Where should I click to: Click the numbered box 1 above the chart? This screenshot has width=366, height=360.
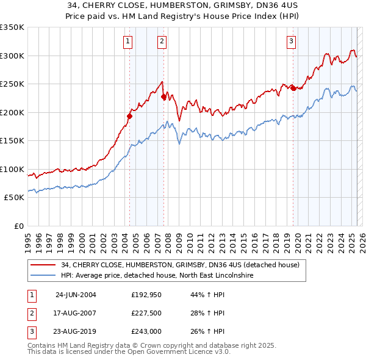pos(128,41)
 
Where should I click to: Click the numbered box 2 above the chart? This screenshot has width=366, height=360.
pos(162,41)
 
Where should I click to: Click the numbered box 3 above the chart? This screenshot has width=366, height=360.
pos(292,41)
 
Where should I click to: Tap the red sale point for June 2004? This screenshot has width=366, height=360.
pos(129,115)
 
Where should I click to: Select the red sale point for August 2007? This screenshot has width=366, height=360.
pos(163,96)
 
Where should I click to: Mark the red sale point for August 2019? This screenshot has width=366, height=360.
pos(293,88)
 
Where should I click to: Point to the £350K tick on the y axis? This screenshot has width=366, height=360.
pos(12,27)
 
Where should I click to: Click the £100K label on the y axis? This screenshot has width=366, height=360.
pos(12,169)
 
